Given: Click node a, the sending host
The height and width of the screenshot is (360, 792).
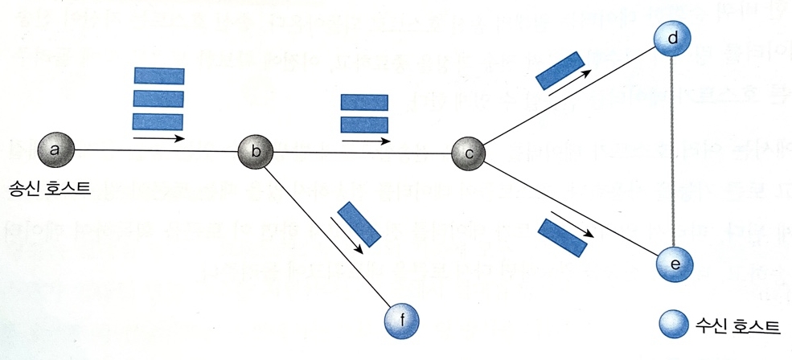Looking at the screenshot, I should click(55, 149).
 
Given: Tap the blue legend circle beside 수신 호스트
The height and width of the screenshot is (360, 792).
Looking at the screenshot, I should click(674, 325).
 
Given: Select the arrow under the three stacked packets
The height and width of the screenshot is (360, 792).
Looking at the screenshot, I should click(158, 138).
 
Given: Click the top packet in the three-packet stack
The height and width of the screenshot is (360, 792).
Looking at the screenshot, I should click(158, 76).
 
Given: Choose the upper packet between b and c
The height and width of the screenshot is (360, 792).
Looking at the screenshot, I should click(365, 102).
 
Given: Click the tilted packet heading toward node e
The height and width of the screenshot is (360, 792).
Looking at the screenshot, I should click(560, 237).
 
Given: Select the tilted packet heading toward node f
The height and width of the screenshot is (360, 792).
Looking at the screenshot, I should click(359, 223).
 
